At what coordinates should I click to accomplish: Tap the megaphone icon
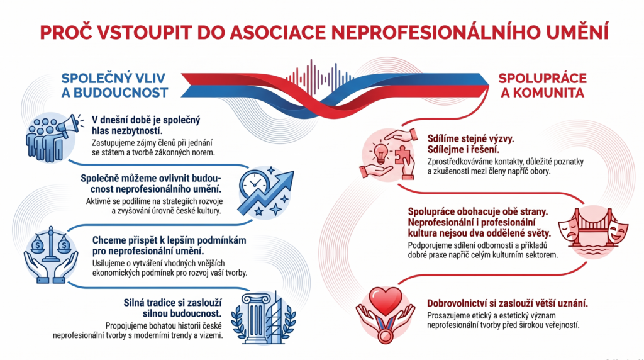click(68, 126)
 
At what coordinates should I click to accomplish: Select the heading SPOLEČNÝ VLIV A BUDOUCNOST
click(114, 86)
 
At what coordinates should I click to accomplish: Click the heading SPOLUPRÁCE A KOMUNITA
click(542, 86)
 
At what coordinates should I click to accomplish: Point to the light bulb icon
click(380, 153)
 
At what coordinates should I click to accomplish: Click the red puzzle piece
click(402, 155)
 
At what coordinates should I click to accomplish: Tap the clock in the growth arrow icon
click(253, 184)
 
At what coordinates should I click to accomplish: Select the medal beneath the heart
click(386, 335)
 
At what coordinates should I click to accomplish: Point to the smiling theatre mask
click(619, 232)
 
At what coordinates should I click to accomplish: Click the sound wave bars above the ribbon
click(320, 76)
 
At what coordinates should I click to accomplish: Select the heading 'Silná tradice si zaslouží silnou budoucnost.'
click(172, 308)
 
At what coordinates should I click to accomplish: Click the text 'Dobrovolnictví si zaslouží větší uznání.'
click(508, 304)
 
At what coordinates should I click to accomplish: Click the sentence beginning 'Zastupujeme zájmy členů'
click(153, 148)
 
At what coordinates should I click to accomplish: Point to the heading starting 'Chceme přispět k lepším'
click(169, 245)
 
